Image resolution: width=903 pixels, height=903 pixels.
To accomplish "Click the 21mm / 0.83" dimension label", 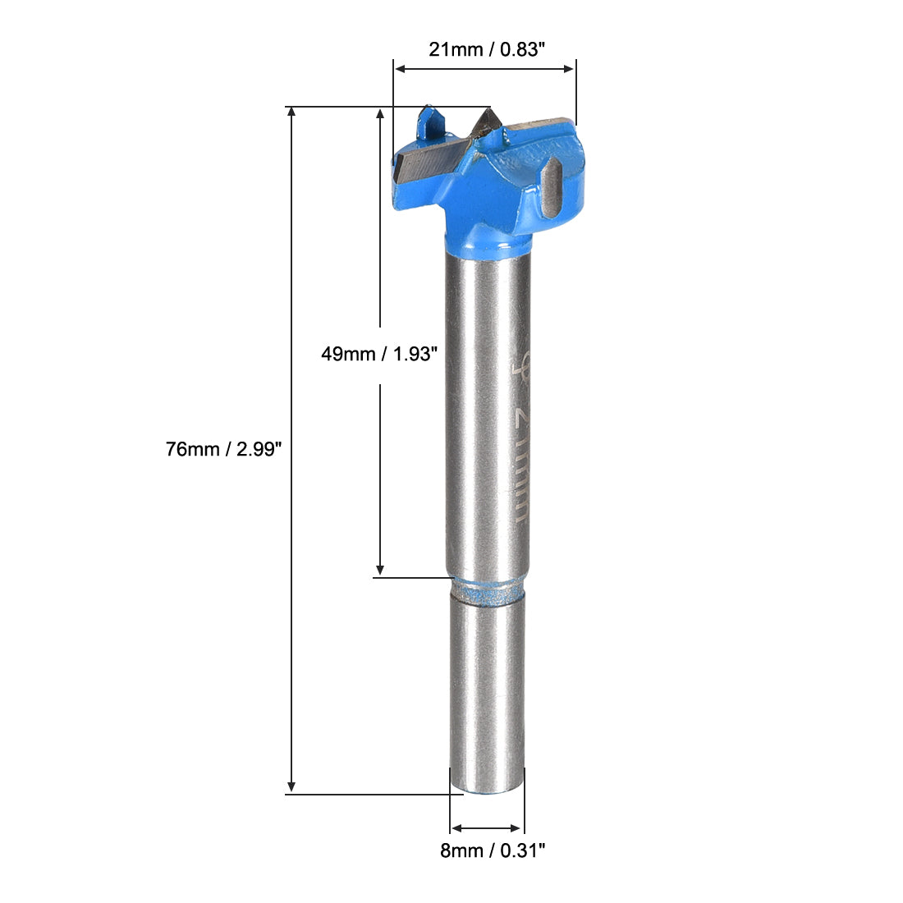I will click(486, 49).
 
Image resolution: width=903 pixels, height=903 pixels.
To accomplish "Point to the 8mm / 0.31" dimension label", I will click(493, 851).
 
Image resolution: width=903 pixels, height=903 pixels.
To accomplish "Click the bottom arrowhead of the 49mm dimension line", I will click(380, 571).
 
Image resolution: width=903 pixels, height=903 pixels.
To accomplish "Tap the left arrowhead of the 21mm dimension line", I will click(400, 70).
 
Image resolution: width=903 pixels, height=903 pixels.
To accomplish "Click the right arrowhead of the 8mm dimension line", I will click(517, 828).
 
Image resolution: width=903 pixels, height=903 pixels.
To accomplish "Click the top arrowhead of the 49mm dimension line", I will click(380, 113).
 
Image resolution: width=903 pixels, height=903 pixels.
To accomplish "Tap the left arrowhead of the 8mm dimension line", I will click(457, 828).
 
